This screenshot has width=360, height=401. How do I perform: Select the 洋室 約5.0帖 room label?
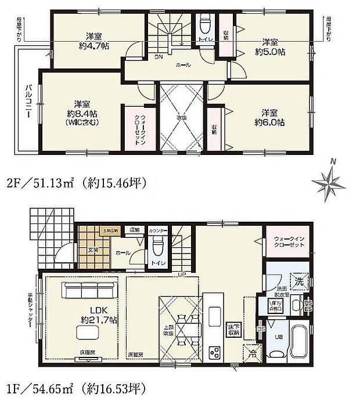[x=268, y=46]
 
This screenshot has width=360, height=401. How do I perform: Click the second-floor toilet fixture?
[x=205, y=26]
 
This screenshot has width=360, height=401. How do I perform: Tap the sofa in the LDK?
[x=91, y=290]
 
